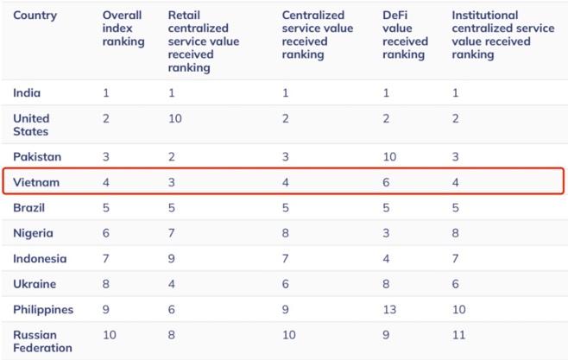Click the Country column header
[35, 16]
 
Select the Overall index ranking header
[123, 28]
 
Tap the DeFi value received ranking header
[405, 35]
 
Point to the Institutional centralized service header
[502, 35]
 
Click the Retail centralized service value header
[203, 41]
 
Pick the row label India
[27, 93]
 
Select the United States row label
[31, 125]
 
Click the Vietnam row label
[36, 182]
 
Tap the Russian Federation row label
[42, 341]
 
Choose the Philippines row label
[43, 310]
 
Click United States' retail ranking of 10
[175, 118]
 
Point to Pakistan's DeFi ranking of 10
[389, 157]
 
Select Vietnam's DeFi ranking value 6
[386, 182]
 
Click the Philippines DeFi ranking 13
[389, 310]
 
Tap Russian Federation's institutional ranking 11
[458, 335]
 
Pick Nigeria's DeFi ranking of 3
[386, 233]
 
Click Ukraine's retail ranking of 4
[172, 284]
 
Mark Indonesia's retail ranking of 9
[172, 259]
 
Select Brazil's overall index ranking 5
[106, 208]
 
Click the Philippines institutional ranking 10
[459, 310]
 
